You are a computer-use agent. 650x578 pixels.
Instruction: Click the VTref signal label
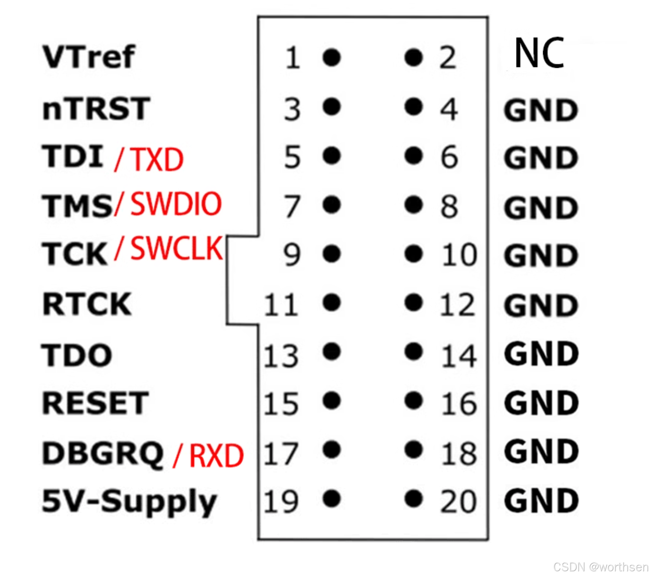pos(89,57)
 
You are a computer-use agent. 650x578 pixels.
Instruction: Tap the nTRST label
pos(96,108)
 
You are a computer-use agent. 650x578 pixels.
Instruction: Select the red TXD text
pos(158,159)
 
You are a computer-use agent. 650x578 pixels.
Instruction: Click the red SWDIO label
pos(176,204)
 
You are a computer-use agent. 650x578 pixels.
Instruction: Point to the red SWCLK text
pos(177,248)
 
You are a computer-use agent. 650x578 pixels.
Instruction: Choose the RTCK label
pos(87,304)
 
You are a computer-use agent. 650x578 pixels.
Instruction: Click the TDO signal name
pos(77,355)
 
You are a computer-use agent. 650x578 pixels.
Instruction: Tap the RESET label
pos(96,403)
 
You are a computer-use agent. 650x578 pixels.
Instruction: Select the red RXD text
pos(216,455)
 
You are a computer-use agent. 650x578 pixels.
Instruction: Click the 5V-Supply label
pos(129,501)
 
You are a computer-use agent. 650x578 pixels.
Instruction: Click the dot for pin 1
pos(332,57)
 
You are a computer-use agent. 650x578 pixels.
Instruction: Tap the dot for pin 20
pos(414,499)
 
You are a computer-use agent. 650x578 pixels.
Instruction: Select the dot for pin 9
pos(332,254)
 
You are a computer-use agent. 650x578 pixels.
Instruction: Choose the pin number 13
pos(281,356)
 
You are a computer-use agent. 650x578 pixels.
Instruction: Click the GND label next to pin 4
pos(541,111)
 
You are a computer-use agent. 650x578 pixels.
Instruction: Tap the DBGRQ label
pos(103,453)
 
